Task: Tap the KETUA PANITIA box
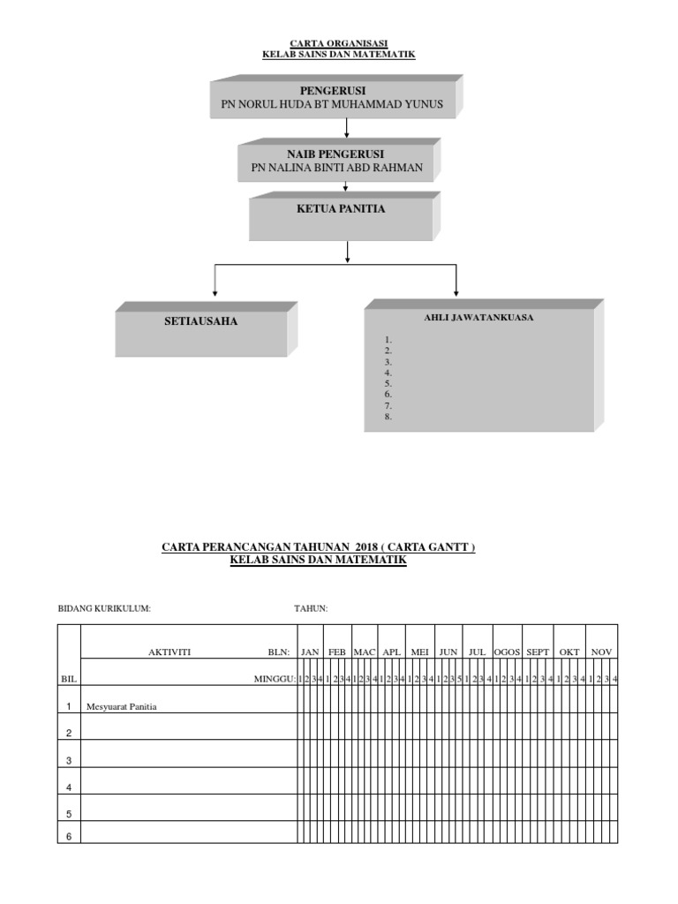pos(341,216)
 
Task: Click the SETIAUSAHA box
pos(201,328)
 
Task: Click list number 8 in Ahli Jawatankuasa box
pos(388,417)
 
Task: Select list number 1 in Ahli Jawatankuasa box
pos(388,340)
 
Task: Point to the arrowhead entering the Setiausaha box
pos(215,292)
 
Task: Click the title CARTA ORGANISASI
pos(339,42)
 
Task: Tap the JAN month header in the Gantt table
pos(310,652)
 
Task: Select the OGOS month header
pos(507,652)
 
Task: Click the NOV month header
pos(601,652)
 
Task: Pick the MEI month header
pos(420,652)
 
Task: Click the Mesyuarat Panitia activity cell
pos(121,706)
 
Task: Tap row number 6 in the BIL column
pos(69,836)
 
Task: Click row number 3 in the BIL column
pos(69,760)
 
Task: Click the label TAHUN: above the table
pos(311,608)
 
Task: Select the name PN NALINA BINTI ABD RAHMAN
pos(336,168)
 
